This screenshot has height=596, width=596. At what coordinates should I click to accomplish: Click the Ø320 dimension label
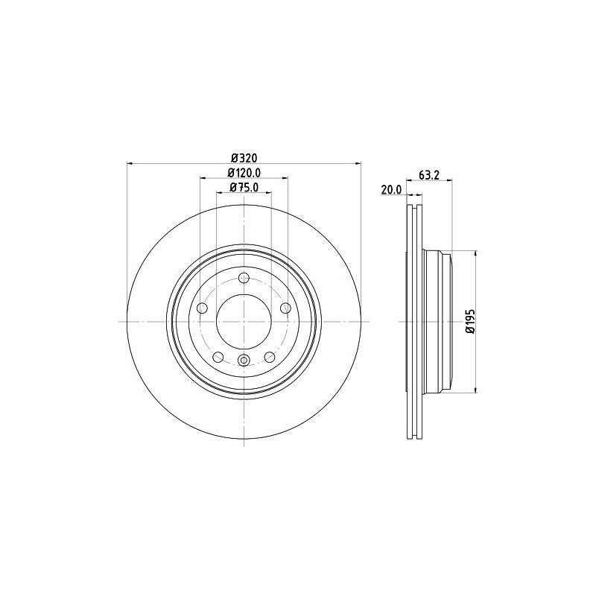pyautogui.click(x=244, y=158)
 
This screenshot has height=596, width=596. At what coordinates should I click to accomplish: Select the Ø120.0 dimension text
pyautogui.click(x=244, y=173)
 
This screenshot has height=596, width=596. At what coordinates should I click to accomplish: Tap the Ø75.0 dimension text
pyautogui.click(x=244, y=188)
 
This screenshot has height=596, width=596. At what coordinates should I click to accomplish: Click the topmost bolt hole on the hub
pyautogui.click(x=244, y=278)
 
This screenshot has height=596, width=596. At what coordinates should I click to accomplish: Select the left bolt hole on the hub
pyautogui.click(x=202, y=308)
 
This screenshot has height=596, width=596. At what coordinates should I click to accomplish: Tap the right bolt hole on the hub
pyautogui.click(x=285, y=308)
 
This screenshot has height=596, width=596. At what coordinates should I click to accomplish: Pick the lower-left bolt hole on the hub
pyautogui.click(x=218, y=358)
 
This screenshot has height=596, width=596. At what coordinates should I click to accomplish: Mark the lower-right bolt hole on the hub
pyautogui.click(x=270, y=358)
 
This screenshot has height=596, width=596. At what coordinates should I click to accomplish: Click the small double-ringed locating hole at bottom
pyautogui.click(x=244, y=361)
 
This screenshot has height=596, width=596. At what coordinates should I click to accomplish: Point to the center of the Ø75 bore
pyautogui.click(x=244, y=322)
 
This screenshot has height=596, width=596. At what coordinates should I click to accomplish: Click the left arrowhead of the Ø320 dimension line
pyautogui.click(x=130, y=163)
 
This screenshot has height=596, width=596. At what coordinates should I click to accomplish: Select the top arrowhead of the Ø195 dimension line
pyautogui.click(x=475, y=254)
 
